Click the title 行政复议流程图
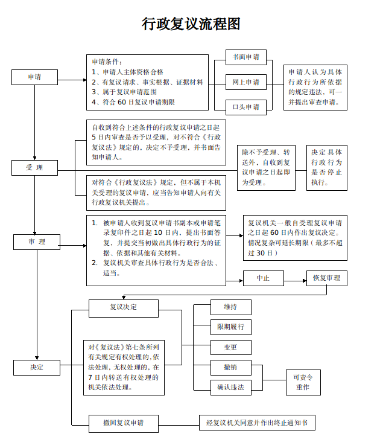click(x=191, y=24)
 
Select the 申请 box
click(x=34, y=77)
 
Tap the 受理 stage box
click(x=34, y=167)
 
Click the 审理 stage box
click(x=37, y=242)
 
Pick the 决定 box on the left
click(x=37, y=366)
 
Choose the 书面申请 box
click(x=246, y=57)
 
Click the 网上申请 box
click(x=246, y=82)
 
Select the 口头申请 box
click(x=246, y=107)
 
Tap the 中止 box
click(x=263, y=278)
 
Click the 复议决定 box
click(x=123, y=307)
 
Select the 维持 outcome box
click(x=230, y=307)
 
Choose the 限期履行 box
click(x=230, y=327)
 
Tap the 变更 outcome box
click(x=230, y=347)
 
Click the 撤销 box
click(x=230, y=367)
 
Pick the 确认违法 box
click(x=230, y=387)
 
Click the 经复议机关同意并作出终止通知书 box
click(x=257, y=423)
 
